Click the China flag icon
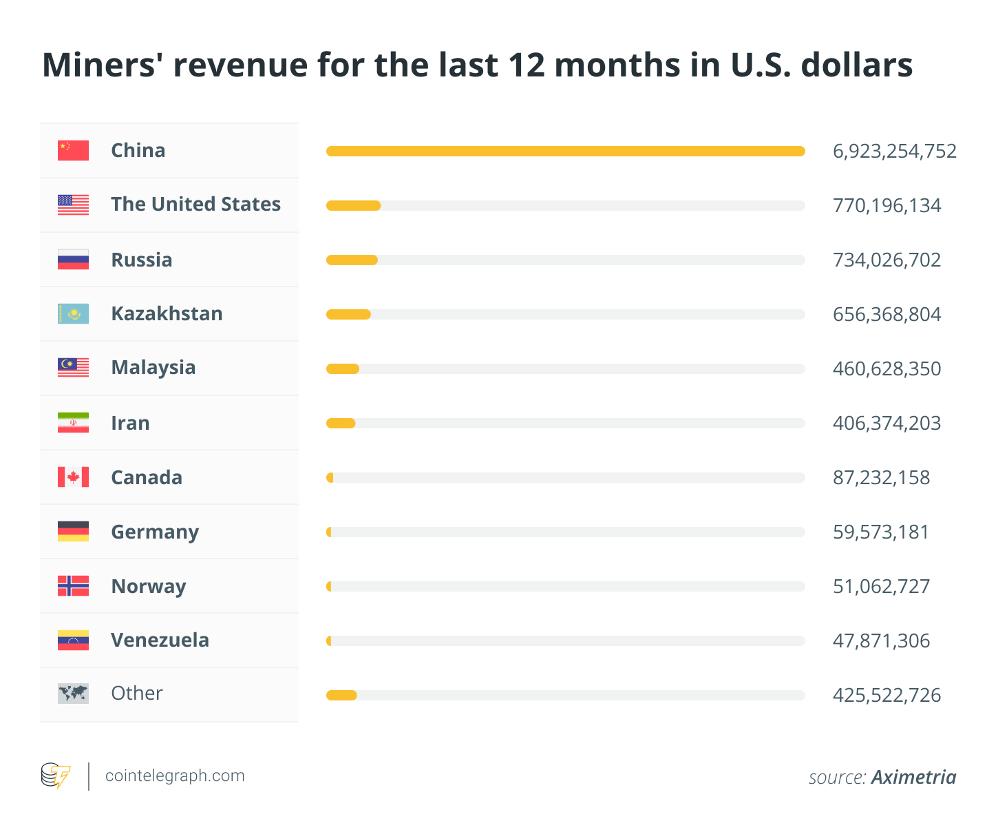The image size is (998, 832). click(x=73, y=150)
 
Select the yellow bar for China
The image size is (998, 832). click(x=565, y=151)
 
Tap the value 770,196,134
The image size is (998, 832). click(x=886, y=205)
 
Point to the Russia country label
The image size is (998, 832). click(x=142, y=260)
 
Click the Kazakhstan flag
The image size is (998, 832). click(x=73, y=314)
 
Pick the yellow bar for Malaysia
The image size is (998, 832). click(x=343, y=369)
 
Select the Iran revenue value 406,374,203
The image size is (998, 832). click(x=886, y=423)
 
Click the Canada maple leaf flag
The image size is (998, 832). click(x=73, y=477)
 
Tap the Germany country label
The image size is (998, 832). click(x=155, y=532)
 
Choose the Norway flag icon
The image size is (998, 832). click(x=73, y=585)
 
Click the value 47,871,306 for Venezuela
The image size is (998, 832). click(x=881, y=641)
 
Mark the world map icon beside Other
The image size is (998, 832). click(x=73, y=694)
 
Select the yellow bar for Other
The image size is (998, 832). click(x=341, y=695)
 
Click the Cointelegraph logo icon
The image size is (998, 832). click(x=56, y=776)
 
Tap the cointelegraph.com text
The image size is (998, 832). click(x=175, y=776)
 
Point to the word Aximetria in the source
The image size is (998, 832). click(x=913, y=778)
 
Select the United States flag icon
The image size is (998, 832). click(x=73, y=205)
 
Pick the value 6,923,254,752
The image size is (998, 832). click(x=894, y=151)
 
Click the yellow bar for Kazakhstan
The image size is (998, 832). click(x=348, y=315)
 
